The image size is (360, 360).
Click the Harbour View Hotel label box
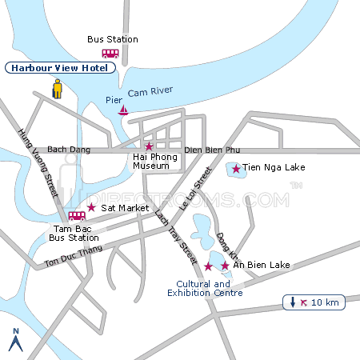click(61, 68)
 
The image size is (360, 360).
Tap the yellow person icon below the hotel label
click(58, 89)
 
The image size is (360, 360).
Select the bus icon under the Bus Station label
click(110, 53)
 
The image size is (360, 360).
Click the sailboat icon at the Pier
click(123, 110)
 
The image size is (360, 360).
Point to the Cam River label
click(151, 94)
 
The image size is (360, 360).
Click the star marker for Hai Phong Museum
click(149, 146)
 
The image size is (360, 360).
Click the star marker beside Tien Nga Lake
click(236, 169)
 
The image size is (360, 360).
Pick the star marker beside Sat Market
click(91, 207)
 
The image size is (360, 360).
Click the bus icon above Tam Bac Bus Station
click(77, 216)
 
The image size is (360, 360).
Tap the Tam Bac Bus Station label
click(74, 233)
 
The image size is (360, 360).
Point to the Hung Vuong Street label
click(39, 163)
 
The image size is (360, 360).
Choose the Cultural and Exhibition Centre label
click(205, 289)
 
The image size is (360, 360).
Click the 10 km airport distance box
click(315, 302)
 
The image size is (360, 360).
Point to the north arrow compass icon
click(14, 340)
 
